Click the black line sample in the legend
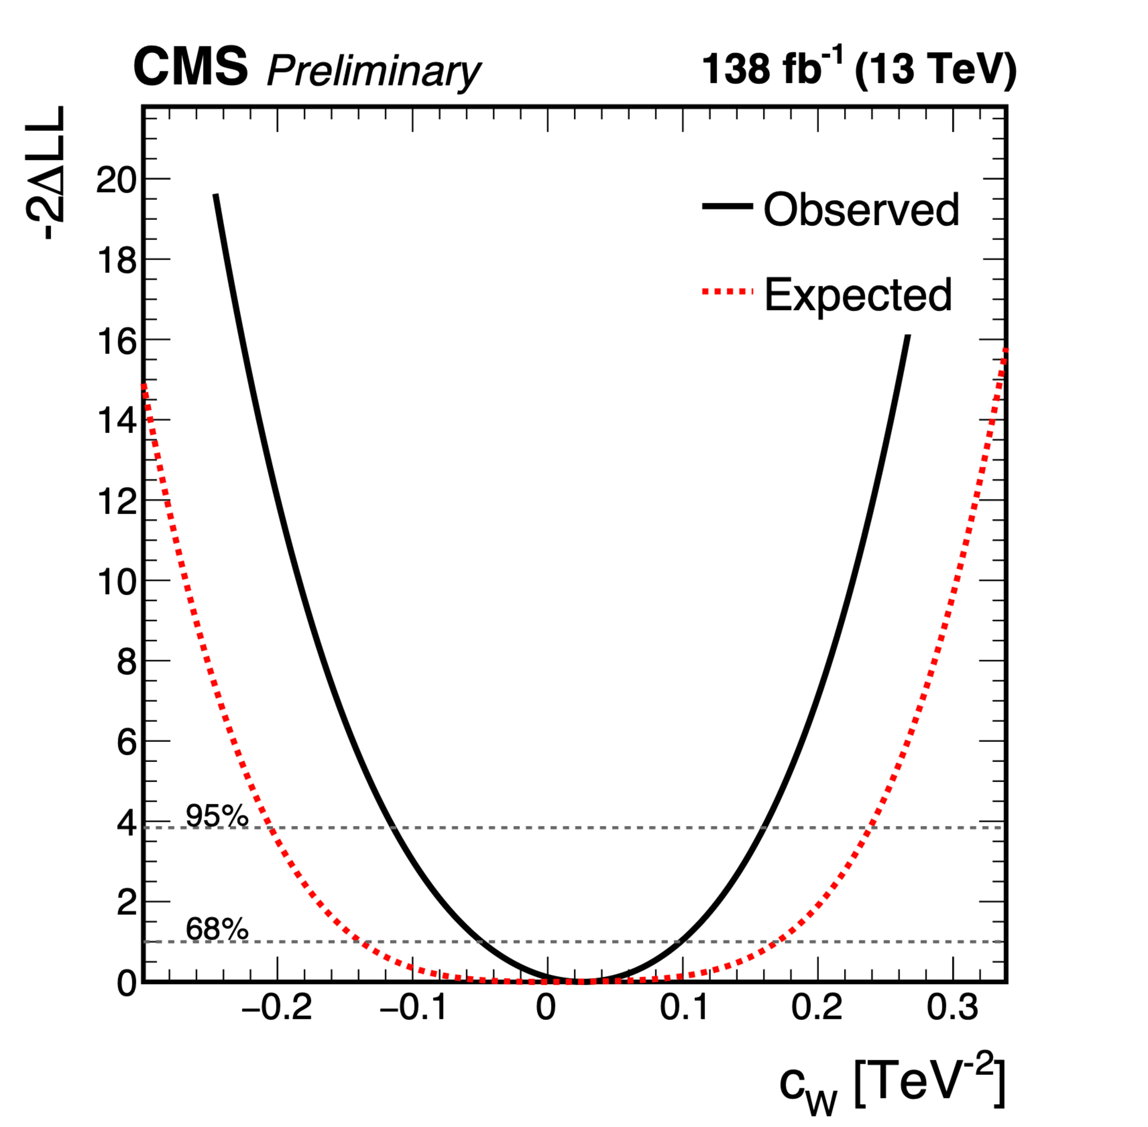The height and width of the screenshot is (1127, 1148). pos(727,206)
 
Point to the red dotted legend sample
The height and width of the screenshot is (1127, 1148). pos(727,291)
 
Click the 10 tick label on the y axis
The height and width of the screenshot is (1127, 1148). pos(116,582)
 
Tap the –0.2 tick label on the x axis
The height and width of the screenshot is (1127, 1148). pos(277,1007)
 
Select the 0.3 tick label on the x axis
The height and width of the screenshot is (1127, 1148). pos(952,1007)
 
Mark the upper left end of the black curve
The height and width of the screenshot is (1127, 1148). pos(216,195)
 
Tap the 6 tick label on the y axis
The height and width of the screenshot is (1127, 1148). pos(126,742)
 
